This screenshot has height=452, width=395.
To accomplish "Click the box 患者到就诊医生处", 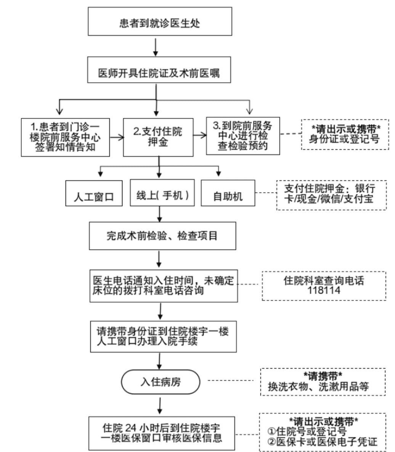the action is [160, 21].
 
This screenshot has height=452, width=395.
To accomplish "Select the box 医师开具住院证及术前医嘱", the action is [159, 70].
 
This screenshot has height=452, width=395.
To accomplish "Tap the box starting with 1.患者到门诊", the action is [66, 137].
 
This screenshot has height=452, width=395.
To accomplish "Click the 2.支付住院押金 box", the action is [158, 137].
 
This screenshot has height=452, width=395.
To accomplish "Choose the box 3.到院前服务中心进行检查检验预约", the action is [243, 136].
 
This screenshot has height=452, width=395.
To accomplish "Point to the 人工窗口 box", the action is [94, 193].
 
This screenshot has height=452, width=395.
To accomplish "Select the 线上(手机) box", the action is [162, 193].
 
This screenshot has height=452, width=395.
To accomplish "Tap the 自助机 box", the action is [228, 193].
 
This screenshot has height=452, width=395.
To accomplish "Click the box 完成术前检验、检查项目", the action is [162, 236].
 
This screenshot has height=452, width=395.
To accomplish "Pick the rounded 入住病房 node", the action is [161, 382].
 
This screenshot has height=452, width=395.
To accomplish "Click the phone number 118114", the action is [324, 290].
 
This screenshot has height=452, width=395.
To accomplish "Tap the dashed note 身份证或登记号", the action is [345, 134].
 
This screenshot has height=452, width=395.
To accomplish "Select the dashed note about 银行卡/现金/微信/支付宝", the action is [332, 195].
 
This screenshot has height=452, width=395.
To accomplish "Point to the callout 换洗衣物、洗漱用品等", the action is [323, 382].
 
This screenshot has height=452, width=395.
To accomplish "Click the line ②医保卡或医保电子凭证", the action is [322, 442].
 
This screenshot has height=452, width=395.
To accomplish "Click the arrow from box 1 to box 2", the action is [117, 137].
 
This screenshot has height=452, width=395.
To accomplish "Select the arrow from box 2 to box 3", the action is [200, 135].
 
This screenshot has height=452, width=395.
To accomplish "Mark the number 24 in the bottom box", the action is [130, 428].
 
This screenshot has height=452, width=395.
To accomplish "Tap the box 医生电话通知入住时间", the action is [164, 286].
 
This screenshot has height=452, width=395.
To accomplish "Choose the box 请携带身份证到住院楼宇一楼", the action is [163, 337].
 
